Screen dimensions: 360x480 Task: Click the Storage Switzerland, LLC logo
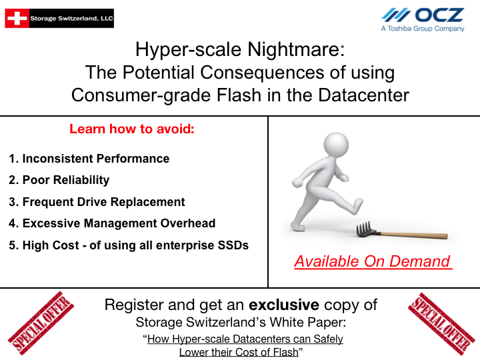click(x=59, y=18)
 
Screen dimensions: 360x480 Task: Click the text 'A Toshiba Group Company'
click(x=423, y=29)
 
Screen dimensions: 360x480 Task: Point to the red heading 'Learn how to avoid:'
click(x=132, y=129)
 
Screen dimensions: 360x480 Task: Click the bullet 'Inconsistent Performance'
click(x=89, y=159)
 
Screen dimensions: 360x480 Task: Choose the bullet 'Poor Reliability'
click(x=59, y=180)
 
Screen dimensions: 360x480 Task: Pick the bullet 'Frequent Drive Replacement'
click(x=97, y=202)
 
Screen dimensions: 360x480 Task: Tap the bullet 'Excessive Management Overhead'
click(x=112, y=223)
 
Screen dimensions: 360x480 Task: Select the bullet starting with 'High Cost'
click(x=129, y=245)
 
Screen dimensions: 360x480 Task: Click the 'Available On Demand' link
click(x=373, y=261)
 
